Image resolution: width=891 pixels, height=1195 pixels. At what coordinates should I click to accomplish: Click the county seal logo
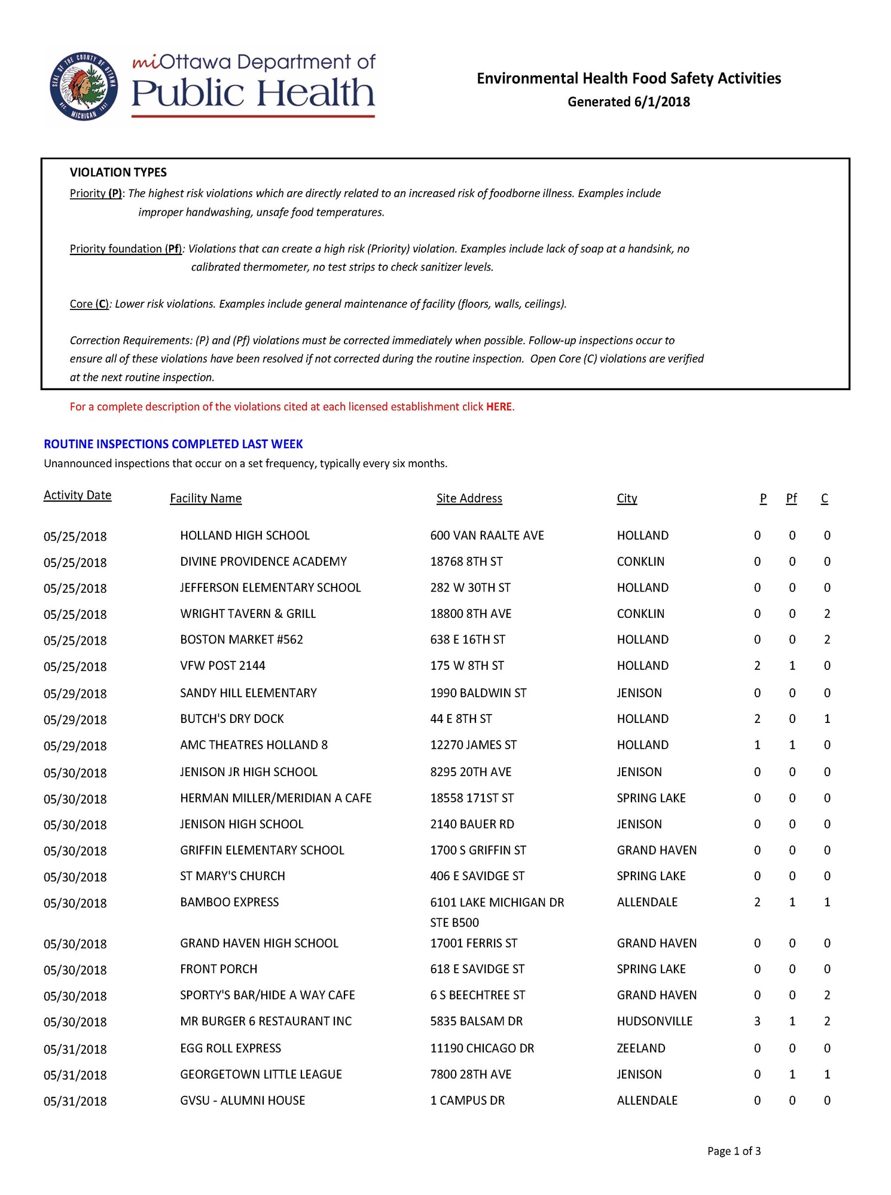click(x=84, y=86)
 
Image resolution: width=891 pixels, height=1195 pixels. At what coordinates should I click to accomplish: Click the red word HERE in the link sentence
click(x=499, y=407)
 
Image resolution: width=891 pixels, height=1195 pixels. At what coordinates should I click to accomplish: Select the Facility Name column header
click(x=206, y=498)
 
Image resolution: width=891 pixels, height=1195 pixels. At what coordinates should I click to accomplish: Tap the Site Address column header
click(x=469, y=498)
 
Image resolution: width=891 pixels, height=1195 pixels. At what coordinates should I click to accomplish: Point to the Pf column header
click(x=791, y=498)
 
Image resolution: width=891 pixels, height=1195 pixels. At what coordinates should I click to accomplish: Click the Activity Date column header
click(x=77, y=495)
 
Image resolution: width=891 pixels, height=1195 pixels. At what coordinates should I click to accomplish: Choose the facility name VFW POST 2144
click(x=222, y=666)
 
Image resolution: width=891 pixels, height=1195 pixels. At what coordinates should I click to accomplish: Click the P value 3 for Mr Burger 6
click(x=757, y=1021)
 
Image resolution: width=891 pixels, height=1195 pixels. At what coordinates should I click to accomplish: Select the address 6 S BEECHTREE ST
click(x=477, y=995)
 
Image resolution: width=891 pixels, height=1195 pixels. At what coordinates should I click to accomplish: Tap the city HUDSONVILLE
click(x=654, y=1021)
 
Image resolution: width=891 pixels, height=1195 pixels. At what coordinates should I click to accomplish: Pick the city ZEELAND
click(x=641, y=1048)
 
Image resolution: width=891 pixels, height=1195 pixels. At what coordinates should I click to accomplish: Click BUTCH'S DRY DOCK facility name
click(x=232, y=719)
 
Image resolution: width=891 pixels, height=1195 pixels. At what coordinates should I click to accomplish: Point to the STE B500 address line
click(x=454, y=923)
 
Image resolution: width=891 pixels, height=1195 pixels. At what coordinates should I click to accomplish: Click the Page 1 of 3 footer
click(x=734, y=1151)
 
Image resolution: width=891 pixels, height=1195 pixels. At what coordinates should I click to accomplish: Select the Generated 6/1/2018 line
click(x=628, y=102)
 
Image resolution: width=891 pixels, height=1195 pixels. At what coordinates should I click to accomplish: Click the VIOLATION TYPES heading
click(x=118, y=173)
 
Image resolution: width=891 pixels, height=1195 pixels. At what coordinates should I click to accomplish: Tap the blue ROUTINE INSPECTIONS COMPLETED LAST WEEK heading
click(x=173, y=444)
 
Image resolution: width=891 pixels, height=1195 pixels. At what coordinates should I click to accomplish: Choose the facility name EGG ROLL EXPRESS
click(x=230, y=1048)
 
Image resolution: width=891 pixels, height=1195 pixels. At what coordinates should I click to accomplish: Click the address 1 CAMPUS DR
click(x=467, y=1100)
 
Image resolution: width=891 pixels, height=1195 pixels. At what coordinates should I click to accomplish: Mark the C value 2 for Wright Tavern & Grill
click(x=826, y=614)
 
